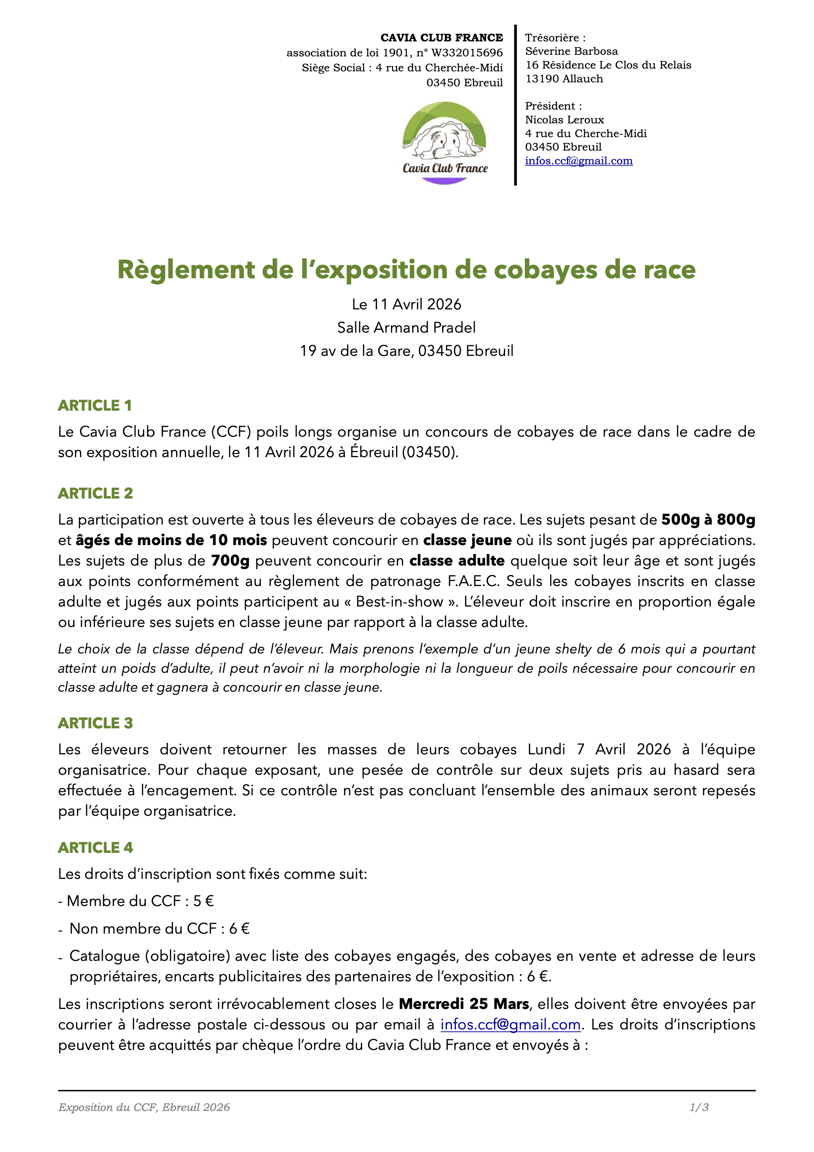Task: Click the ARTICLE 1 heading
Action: tap(95, 406)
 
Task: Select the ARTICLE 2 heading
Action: tap(95, 493)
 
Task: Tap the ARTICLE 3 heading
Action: tap(95, 723)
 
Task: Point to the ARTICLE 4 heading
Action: tap(95, 847)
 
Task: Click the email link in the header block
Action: tap(579, 161)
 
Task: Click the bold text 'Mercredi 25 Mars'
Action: tap(464, 1003)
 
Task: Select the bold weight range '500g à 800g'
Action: tap(708, 519)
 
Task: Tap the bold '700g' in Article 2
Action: tap(230, 560)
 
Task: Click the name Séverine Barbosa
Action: tap(571, 51)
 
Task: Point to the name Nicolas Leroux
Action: tap(564, 120)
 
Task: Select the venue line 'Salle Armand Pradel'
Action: tap(406, 328)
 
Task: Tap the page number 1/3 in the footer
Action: tap(699, 1107)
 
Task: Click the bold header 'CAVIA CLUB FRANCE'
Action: tap(441, 37)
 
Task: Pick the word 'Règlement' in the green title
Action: tap(186, 270)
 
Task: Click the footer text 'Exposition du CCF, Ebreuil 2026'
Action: tap(144, 1107)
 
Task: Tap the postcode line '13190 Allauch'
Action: tap(564, 79)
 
